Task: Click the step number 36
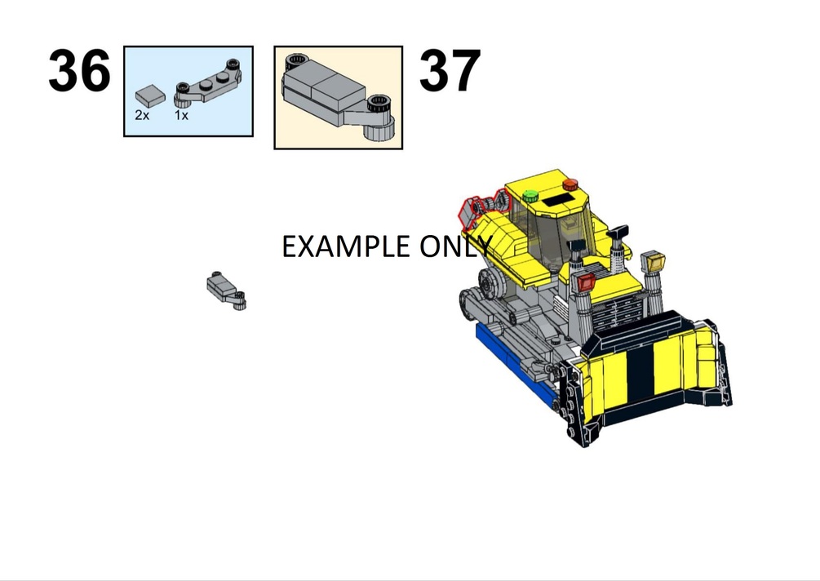[x=79, y=71]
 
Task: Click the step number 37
[x=450, y=71]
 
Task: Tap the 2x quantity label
[x=142, y=116]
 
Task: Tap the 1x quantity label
[x=181, y=116]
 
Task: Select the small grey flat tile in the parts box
[x=150, y=96]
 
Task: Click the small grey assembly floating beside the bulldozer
[x=226, y=290]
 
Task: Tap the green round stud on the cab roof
[x=530, y=197]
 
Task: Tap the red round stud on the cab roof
[x=570, y=184]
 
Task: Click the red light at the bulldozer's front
[x=586, y=282]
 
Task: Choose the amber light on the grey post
[x=653, y=261]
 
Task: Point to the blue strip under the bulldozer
[x=512, y=363]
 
